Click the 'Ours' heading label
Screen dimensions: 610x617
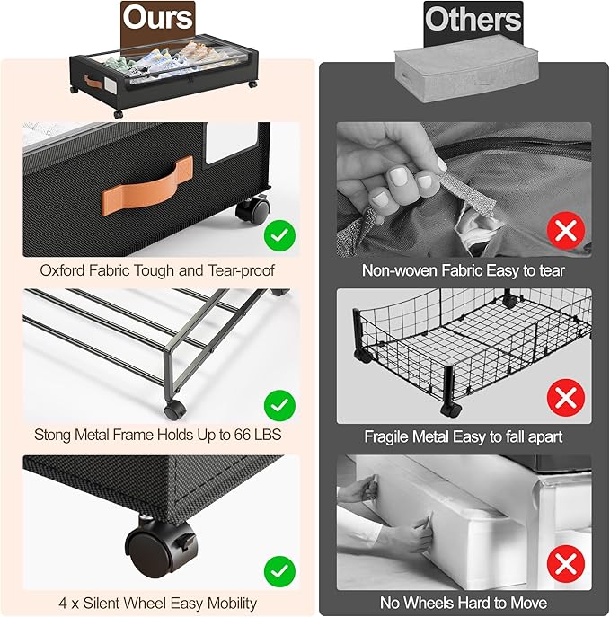[x=157, y=17]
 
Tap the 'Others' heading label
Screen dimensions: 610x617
[x=473, y=19]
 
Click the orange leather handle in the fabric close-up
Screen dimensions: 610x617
[x=147, y=185]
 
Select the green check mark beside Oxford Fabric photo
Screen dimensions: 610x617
[x=279, y=235]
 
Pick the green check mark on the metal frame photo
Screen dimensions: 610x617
[x=279, y=405]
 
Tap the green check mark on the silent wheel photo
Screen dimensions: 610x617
[x=279, y=571]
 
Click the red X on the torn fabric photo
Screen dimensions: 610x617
[x=566, y=230]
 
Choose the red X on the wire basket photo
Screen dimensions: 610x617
[x=566, y=398]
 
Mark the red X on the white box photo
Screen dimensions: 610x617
[x=566, y=564]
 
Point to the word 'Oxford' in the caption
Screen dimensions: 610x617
[x=62, y=270]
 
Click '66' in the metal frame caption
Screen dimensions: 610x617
[x=243, y=435]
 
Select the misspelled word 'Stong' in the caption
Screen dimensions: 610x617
[x=52, y=435]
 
